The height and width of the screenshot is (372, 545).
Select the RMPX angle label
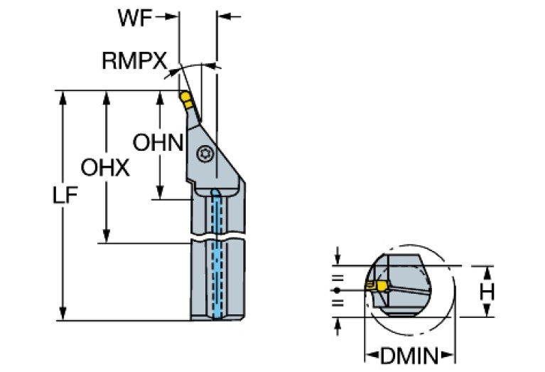134,60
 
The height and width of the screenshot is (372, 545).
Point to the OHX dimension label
104,169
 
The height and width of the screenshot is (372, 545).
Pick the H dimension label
486,292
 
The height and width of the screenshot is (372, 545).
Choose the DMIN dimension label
410,354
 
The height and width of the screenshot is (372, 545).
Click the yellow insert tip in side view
184,97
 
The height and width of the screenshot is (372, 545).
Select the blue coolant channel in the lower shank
217,281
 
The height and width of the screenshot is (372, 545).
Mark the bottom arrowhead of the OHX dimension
107,238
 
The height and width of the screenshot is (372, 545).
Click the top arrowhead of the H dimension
486,271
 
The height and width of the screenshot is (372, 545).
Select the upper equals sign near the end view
337,278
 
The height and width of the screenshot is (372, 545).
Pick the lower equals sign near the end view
337,304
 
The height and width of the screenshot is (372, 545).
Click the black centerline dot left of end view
337,290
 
